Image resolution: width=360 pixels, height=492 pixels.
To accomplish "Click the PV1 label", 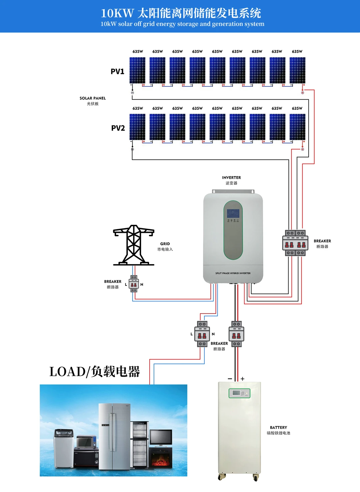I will click(x=117, y=71).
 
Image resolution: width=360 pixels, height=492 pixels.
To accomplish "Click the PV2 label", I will click(x=118, y=128).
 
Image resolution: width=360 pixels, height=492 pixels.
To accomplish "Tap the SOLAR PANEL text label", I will click(x=93, y=98).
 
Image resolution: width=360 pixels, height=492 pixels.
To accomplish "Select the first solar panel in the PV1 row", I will click(x=137, y=70).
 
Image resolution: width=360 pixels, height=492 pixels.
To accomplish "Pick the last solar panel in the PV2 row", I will click(x=297, y=127).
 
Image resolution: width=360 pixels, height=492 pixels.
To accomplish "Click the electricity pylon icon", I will click(x=134, y=245).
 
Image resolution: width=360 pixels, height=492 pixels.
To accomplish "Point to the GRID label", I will click(x=165, y=244).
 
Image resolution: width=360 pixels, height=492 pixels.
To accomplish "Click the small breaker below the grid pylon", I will click(x=134, y=284).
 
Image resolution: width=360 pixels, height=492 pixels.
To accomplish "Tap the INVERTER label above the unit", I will click(x=231, y=178).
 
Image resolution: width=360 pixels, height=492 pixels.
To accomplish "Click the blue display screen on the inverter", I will click(x=233, y=213).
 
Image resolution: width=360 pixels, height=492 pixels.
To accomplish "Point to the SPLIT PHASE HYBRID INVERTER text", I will click(x=233, y=273).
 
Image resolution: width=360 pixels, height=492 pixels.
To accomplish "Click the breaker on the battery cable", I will click(x=237, y=334).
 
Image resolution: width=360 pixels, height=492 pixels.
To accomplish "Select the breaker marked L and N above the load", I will click(x=202, y=334).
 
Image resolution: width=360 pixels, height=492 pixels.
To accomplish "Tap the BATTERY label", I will click(x=278, y=428).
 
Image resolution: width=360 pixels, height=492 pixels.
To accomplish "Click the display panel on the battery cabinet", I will click(x=239, y=393).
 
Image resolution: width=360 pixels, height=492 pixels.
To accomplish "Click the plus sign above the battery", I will click(x=242, y=379).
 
